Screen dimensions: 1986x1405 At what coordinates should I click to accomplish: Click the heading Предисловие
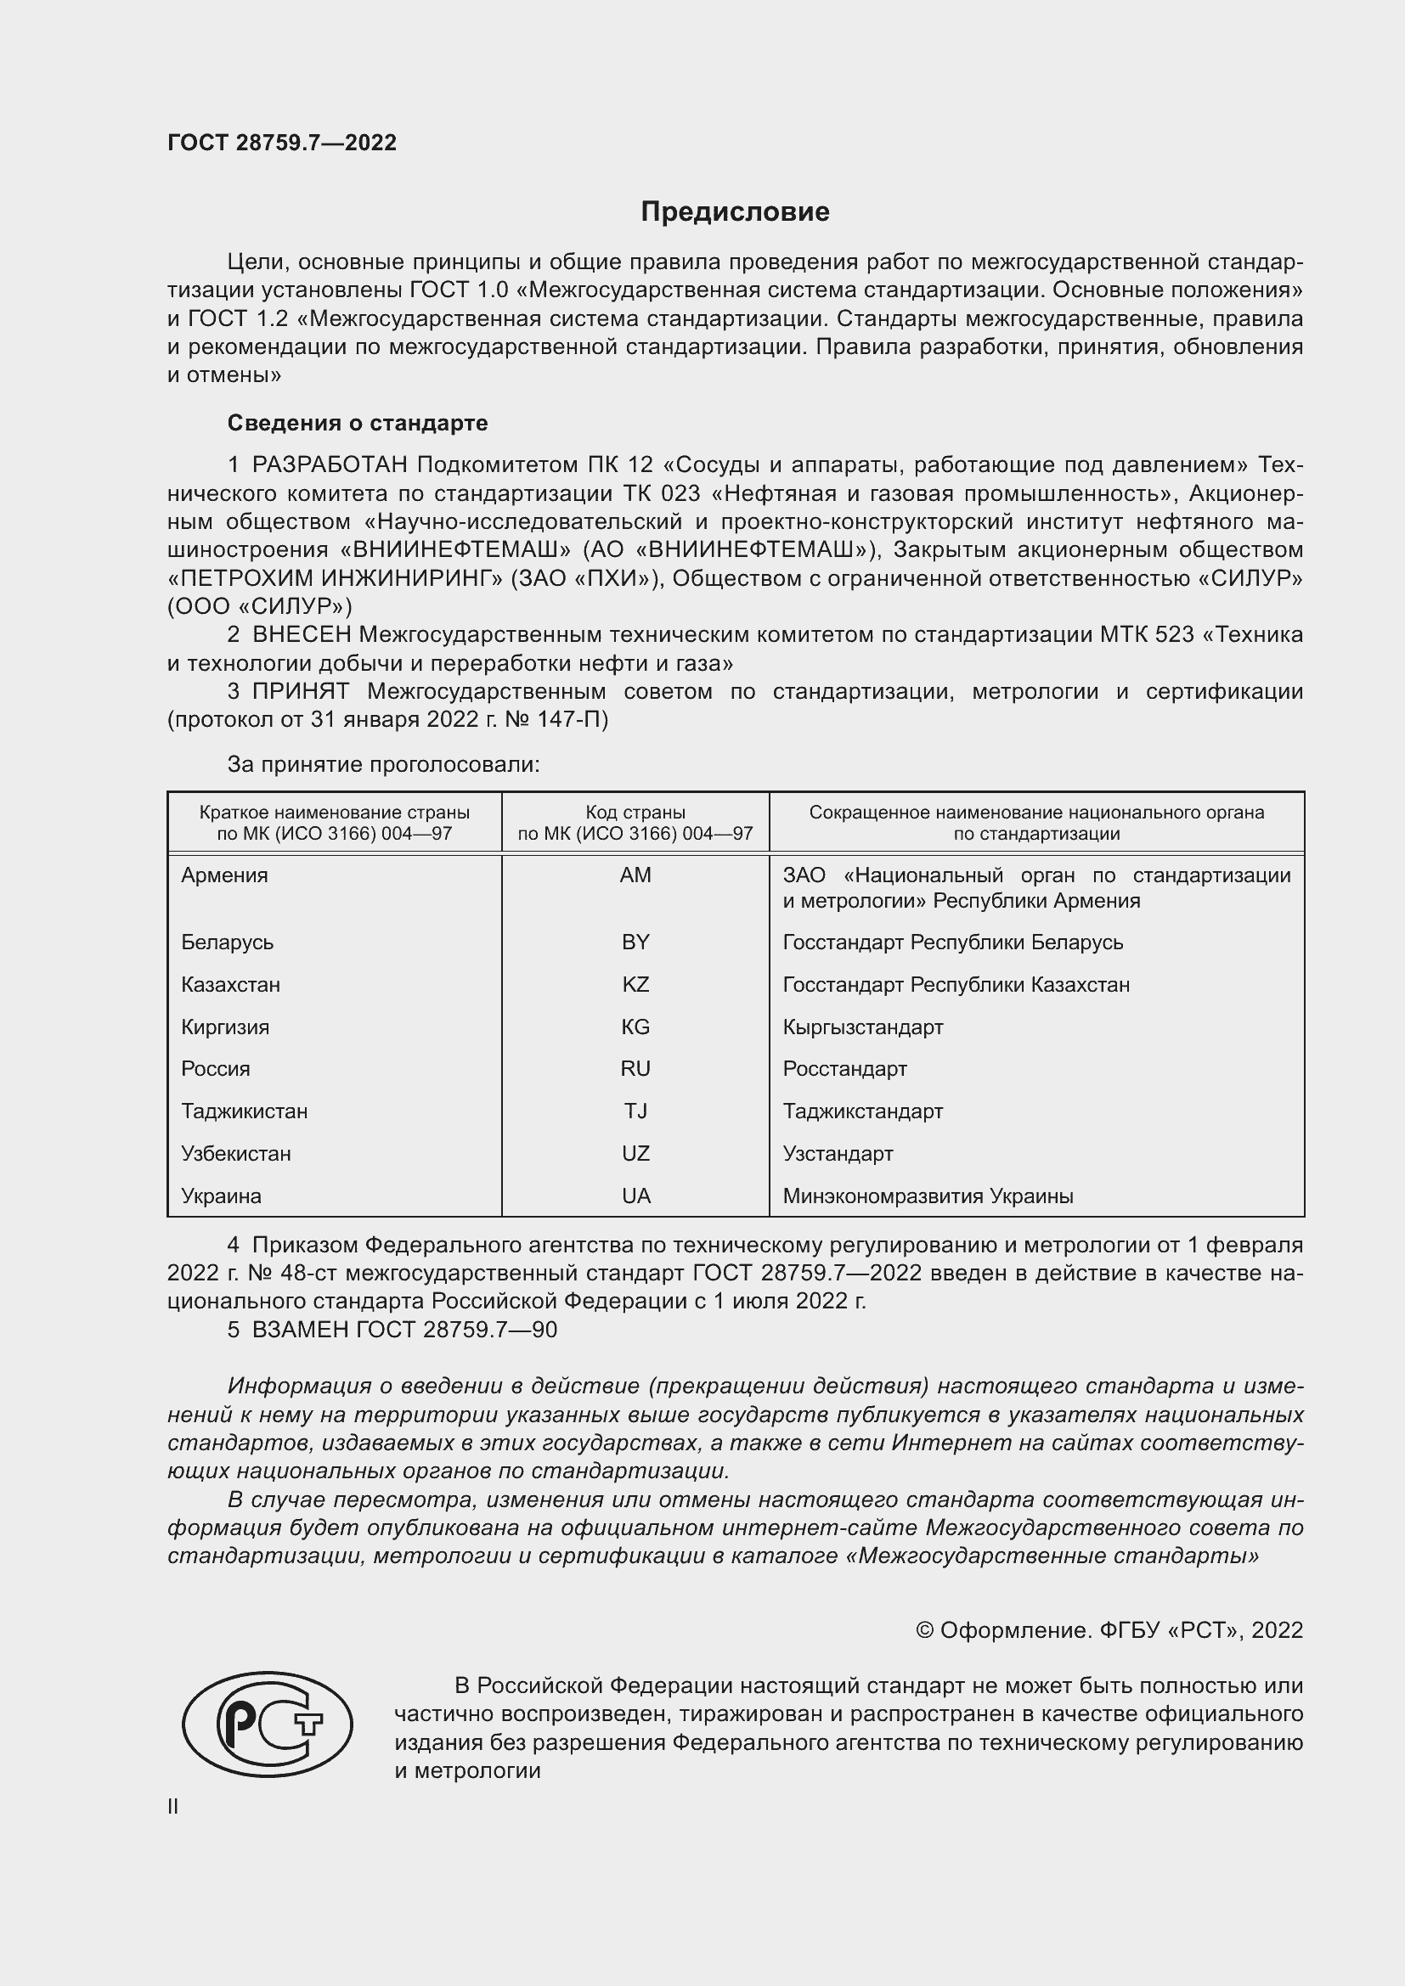pyautogui.click(x=735, y=212)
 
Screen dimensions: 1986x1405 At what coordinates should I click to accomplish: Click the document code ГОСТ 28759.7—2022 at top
pyautogui.click(x=282, y=143)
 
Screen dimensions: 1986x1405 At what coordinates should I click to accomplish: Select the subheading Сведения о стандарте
pyautogui.click(x=358, y=423)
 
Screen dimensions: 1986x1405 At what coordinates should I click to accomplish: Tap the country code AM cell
pyautogui.click(x=635, y=875)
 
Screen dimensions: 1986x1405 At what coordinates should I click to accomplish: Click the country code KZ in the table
pyautogui.click(x=635, y=984)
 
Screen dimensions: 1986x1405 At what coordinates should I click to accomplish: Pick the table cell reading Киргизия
pyautogui.click(x=225, y=1027)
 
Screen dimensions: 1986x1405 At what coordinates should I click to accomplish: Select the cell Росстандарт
pyautogui.click(x=844, y=1069)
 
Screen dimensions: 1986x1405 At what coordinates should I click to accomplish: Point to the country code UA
pyautogui.click(x=635, y=1196)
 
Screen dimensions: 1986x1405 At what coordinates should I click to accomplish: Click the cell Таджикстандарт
pyautogui.click(x=862, y=1111)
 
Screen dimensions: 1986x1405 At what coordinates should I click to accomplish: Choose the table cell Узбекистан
pyautogui.click(x=236, y=1154)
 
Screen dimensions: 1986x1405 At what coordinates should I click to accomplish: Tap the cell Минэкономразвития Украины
pyautogui.click(x=928, y=1196)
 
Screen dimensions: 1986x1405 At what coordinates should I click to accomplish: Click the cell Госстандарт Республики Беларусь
pyautogui.click(x=952, y=942)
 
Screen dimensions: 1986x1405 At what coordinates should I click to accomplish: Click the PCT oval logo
pyautogui.click(x=268, y=1723)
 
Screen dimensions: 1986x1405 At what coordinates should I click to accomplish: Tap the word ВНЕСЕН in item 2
pyautogui.click(x=301, y=635)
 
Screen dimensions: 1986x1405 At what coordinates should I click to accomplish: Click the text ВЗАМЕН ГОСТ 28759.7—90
pyautogui.click(x=404, y=1330)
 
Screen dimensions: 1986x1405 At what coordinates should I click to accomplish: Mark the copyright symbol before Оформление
pyautogui.click(x=924, y=1630)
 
